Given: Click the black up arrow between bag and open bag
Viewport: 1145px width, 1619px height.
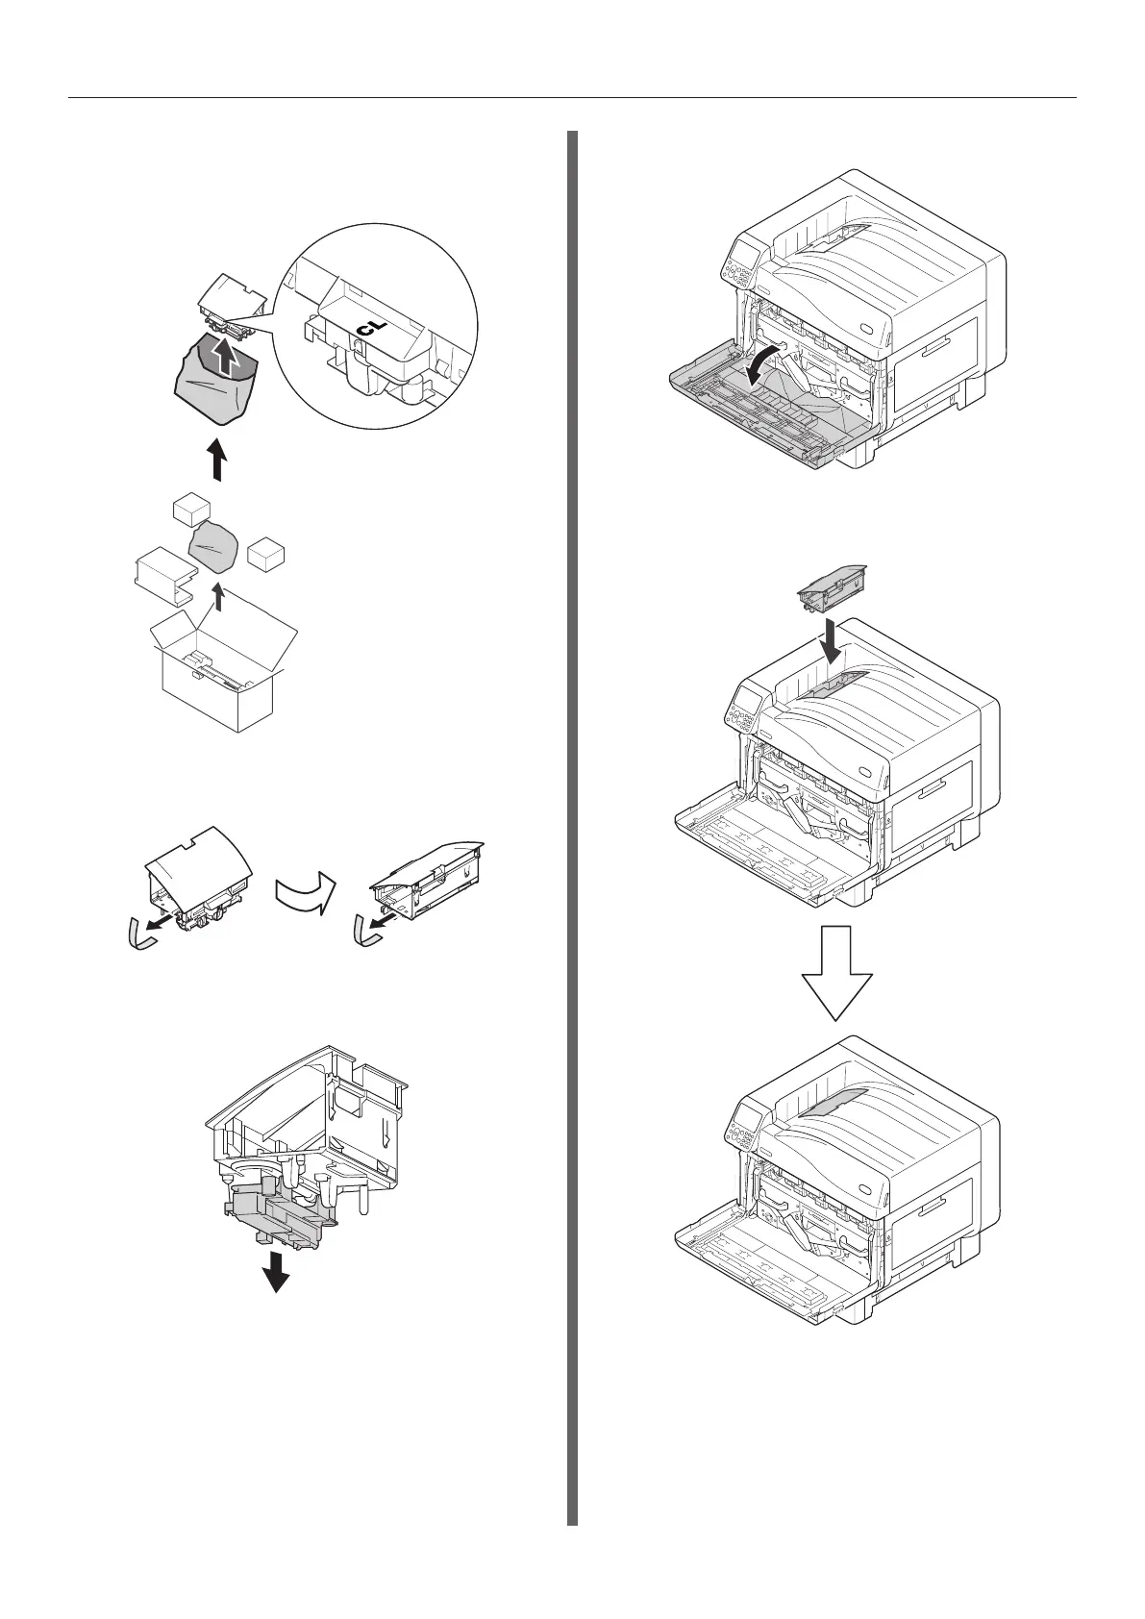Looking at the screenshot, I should (218, 459).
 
